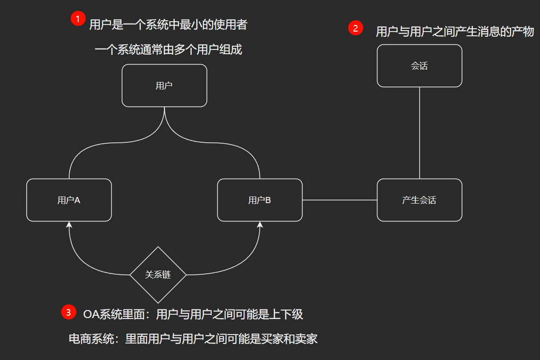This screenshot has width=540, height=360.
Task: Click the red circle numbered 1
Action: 78,19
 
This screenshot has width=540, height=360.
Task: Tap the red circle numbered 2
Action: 355,28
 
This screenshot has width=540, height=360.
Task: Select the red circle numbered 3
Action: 68,312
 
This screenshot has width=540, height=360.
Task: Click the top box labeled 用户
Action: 164,85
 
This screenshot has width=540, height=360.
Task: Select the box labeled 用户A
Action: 69,200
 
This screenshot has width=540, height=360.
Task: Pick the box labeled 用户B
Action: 260,200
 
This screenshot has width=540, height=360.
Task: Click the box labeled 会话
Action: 419,66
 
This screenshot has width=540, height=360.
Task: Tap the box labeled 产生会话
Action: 419,200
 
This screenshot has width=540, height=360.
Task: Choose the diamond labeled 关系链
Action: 158,275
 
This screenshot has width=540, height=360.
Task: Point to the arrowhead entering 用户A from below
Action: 69,225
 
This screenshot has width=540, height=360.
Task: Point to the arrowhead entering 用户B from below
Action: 260,225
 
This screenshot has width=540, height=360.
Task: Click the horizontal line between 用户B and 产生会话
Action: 339,200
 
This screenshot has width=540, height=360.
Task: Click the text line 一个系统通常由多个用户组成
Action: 168,49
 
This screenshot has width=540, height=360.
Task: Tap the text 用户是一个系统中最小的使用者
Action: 168,25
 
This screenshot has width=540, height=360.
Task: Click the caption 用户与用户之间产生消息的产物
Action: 454,32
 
